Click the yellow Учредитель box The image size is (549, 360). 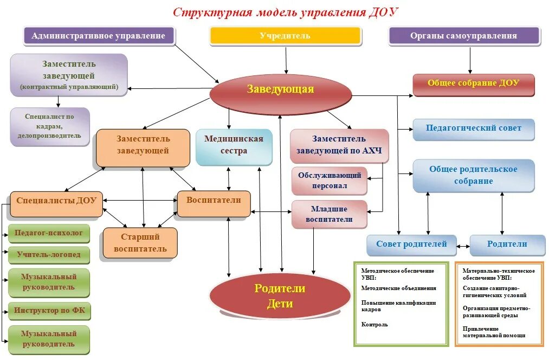coord(285,36)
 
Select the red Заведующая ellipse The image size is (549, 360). coord(280,89)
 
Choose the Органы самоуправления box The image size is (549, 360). coord(464,36)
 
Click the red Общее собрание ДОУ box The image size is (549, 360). coord(473,83)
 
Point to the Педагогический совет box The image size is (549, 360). coord(473,128)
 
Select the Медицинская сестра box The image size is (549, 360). coord(234,145)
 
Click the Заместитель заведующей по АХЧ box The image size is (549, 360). coord(339,145)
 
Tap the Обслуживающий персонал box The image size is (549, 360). coord(329,181)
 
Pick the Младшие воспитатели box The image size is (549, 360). coord(329,214)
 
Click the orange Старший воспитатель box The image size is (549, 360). coord(140,243)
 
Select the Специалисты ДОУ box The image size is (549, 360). coord(56,201)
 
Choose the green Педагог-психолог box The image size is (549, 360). coord(49,233)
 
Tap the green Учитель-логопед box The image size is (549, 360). coord(49,254)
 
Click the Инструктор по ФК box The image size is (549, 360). coord(49,311)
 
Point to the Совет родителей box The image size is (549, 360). coord(411,244)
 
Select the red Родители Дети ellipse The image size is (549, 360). coord(280,297)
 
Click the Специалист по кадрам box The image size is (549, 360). coord(49,126)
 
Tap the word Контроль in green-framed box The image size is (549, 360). coord(374,324)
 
